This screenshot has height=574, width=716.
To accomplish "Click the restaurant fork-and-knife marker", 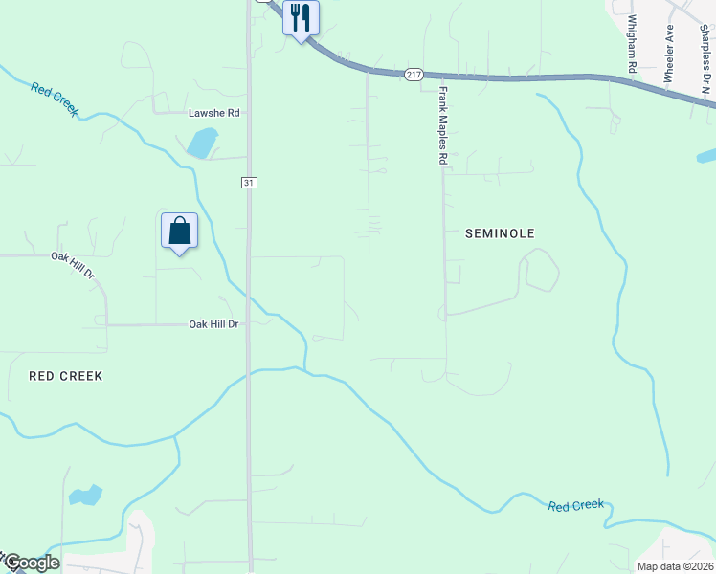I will pyautogui.click(x=301, y=18).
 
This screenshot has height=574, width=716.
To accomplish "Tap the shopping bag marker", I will pyautogui.click(x=179, y=231).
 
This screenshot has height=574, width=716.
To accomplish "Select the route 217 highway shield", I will pyautogui.click(x=414, y=75).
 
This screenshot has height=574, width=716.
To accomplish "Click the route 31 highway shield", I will pyautogui.click(x=249, y=182).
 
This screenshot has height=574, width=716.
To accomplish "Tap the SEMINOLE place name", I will pyautogui.click(x=500, y=233).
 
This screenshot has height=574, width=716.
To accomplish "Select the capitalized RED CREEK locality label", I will pyautogui.click(x=66, y=376).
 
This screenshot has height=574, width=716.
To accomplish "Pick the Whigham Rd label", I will pyautogui.click(x=632, y=44).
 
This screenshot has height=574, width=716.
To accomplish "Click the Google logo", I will pyautogui.click(x=31, y=563).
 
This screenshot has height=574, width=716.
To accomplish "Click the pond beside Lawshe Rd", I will pyautogui.click(x=202, y=143).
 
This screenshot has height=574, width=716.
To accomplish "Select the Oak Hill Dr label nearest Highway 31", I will pyautogui.click(x=213, y=324).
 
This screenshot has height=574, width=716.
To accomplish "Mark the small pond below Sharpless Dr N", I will pyautogui.click(x=707, y=155).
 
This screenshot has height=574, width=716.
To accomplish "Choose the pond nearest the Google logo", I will pyautogui.click(x=85, y=495).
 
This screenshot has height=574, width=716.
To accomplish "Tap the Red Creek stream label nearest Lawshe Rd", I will pyautogui.click(x=55, y=99).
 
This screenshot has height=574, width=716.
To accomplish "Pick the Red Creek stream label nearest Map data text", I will pyautogui.click(x=576, y=505).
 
